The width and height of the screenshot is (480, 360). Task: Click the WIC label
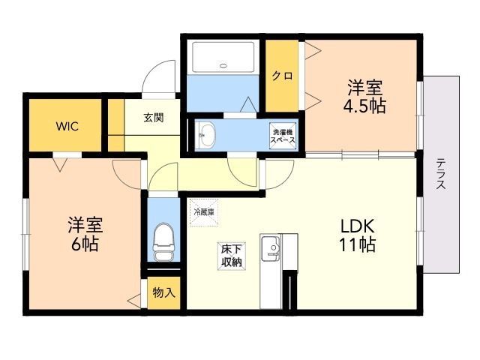(x=67, y=126)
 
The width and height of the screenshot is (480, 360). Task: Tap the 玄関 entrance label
(x=154, y=118)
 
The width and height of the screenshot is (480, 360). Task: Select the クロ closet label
(x=283, y=76)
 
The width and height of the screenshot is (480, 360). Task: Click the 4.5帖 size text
(x=364, y=106)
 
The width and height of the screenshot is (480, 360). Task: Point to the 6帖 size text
(x=85, y=244)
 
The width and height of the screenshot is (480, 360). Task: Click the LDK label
(x=358, y=226)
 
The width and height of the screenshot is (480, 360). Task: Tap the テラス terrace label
(x=441, y=173)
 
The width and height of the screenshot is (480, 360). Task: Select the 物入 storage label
(x=163, y=292)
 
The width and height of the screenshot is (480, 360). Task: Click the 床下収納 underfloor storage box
(x=232, y=256)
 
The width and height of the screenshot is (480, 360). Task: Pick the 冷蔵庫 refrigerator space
(x=204, y=212)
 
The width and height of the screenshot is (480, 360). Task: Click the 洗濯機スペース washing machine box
(x=283, y=136)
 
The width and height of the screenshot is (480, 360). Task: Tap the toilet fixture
(x=163, y=242)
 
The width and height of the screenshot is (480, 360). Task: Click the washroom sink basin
(x=205, y=135)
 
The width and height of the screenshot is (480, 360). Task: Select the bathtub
(x=223, y=57)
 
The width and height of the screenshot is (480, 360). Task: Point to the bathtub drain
(x=223, y=65)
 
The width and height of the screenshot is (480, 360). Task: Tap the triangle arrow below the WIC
(x=60, y=165)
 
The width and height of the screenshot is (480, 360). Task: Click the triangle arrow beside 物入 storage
(x=134, y=301)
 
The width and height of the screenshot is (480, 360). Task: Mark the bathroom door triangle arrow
(x=248, y=104)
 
